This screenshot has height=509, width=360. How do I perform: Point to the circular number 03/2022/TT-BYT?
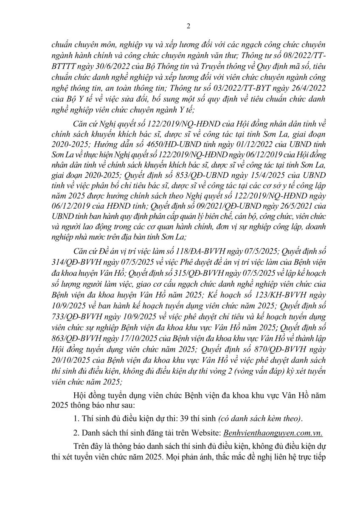(246, 87)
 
